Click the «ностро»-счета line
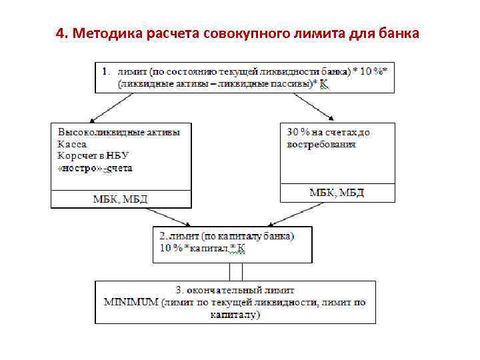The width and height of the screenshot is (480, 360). [x=95, y=168]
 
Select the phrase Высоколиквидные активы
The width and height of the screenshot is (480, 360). [x=119, y=132]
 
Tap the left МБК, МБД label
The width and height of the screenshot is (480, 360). [x=120, y=199]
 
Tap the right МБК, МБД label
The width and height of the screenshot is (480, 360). [x=337, y=193]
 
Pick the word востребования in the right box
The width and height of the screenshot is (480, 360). [x=321, y=144]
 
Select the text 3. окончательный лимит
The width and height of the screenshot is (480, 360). [x=235, y=291]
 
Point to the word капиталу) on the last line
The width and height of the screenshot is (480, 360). [x=235, y=314]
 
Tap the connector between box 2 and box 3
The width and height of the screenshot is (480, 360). [x=235, y=272]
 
